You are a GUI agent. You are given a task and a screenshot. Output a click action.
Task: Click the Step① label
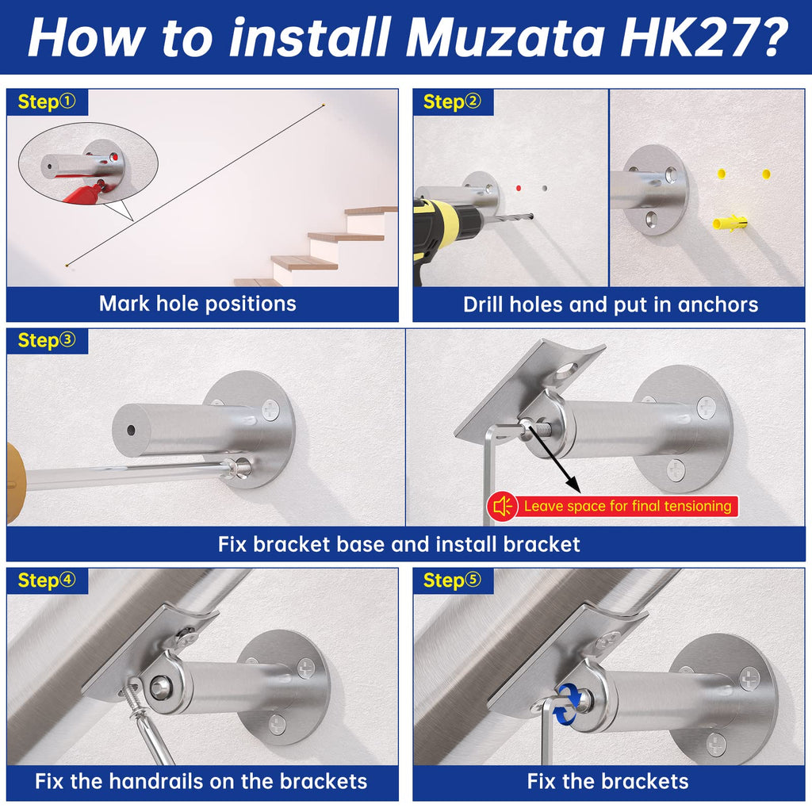[x=47, y=101]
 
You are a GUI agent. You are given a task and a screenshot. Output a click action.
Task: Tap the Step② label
[x=452, y=101]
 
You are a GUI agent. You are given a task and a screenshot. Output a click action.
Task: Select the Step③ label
[x=47, y=340]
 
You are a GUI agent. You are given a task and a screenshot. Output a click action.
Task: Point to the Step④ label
[x=47, y=580]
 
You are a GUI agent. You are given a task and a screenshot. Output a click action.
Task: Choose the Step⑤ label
[x=452, y=580]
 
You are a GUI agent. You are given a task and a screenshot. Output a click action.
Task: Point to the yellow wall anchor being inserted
[x=730, y=223]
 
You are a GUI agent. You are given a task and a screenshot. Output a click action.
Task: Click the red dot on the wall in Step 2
[x=519, y=188]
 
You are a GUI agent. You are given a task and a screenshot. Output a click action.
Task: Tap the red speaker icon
[x=502, y=506]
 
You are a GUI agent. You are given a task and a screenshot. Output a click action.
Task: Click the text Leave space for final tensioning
[x=628, y=506]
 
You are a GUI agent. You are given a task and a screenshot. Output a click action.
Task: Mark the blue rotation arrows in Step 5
[x=569, y=703]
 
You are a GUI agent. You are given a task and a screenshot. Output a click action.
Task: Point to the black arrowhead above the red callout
[x=573, y=485]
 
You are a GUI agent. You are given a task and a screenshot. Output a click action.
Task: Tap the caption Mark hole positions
[x=197, y=304]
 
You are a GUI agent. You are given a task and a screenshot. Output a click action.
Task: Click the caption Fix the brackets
[x=607, y=781]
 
